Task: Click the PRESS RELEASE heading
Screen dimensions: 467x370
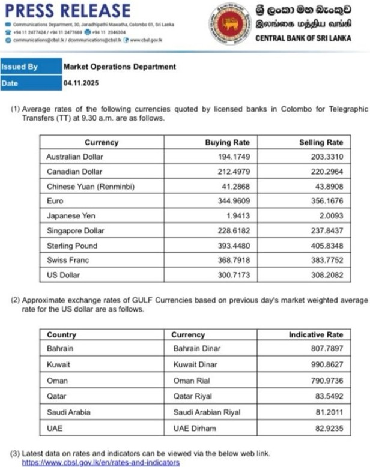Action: tap(67, 11)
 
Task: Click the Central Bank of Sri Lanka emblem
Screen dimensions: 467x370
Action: tap(229, 24)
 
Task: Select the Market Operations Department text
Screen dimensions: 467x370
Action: tap(120, 67)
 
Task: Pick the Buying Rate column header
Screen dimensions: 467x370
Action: tap(227, 142)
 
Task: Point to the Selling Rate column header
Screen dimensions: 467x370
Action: tap(321, 142)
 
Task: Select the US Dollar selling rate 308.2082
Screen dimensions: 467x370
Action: tap(326, 275)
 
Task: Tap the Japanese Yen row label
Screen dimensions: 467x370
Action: tap(71, 215)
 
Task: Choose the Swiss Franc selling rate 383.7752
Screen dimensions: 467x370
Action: tap(326, 260)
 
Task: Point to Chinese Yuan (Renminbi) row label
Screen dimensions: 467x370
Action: tap(90, 187)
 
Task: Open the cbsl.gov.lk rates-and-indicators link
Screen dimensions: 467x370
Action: tap(101, 463)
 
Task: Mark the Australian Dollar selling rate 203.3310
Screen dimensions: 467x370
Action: tap(326, 157)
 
